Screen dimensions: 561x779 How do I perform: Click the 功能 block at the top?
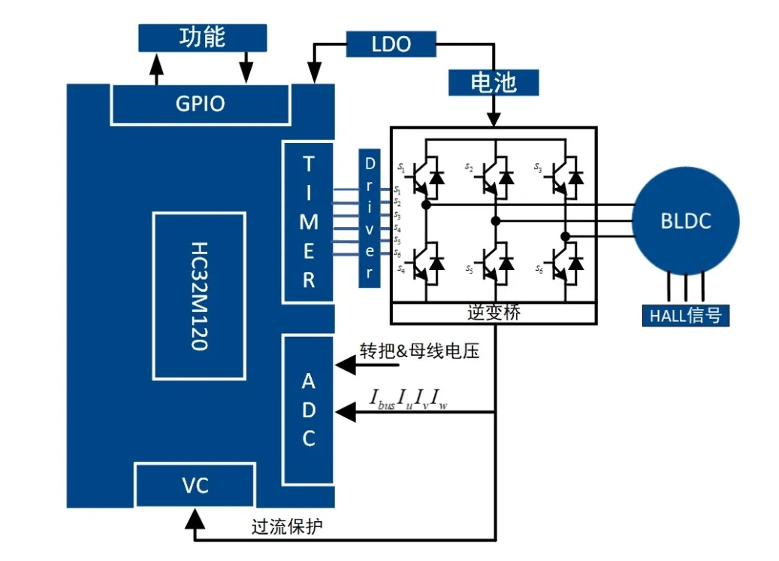click(x=203, y=38)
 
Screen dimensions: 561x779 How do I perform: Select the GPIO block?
click(x=200, y=104)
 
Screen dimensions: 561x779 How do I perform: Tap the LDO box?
click(x=391, y=44)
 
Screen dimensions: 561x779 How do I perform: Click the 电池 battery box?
click(x=493, y=83)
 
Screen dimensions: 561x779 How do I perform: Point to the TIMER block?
click(x=309, y=222)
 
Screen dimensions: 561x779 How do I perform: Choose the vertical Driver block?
click(x=370, y=217)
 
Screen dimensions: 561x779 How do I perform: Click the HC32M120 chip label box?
click(x=199, y=296)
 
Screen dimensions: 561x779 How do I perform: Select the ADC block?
click(x=309, y=410)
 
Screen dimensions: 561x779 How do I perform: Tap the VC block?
click(x=195, y=486)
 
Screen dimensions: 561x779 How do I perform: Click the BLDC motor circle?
click(x=685, y=221)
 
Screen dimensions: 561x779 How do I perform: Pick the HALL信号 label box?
click(x=685, y=315)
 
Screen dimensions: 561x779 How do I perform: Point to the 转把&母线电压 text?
click(x=419, y=351)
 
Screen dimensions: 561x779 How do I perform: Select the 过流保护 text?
click(x=287, y=526)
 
